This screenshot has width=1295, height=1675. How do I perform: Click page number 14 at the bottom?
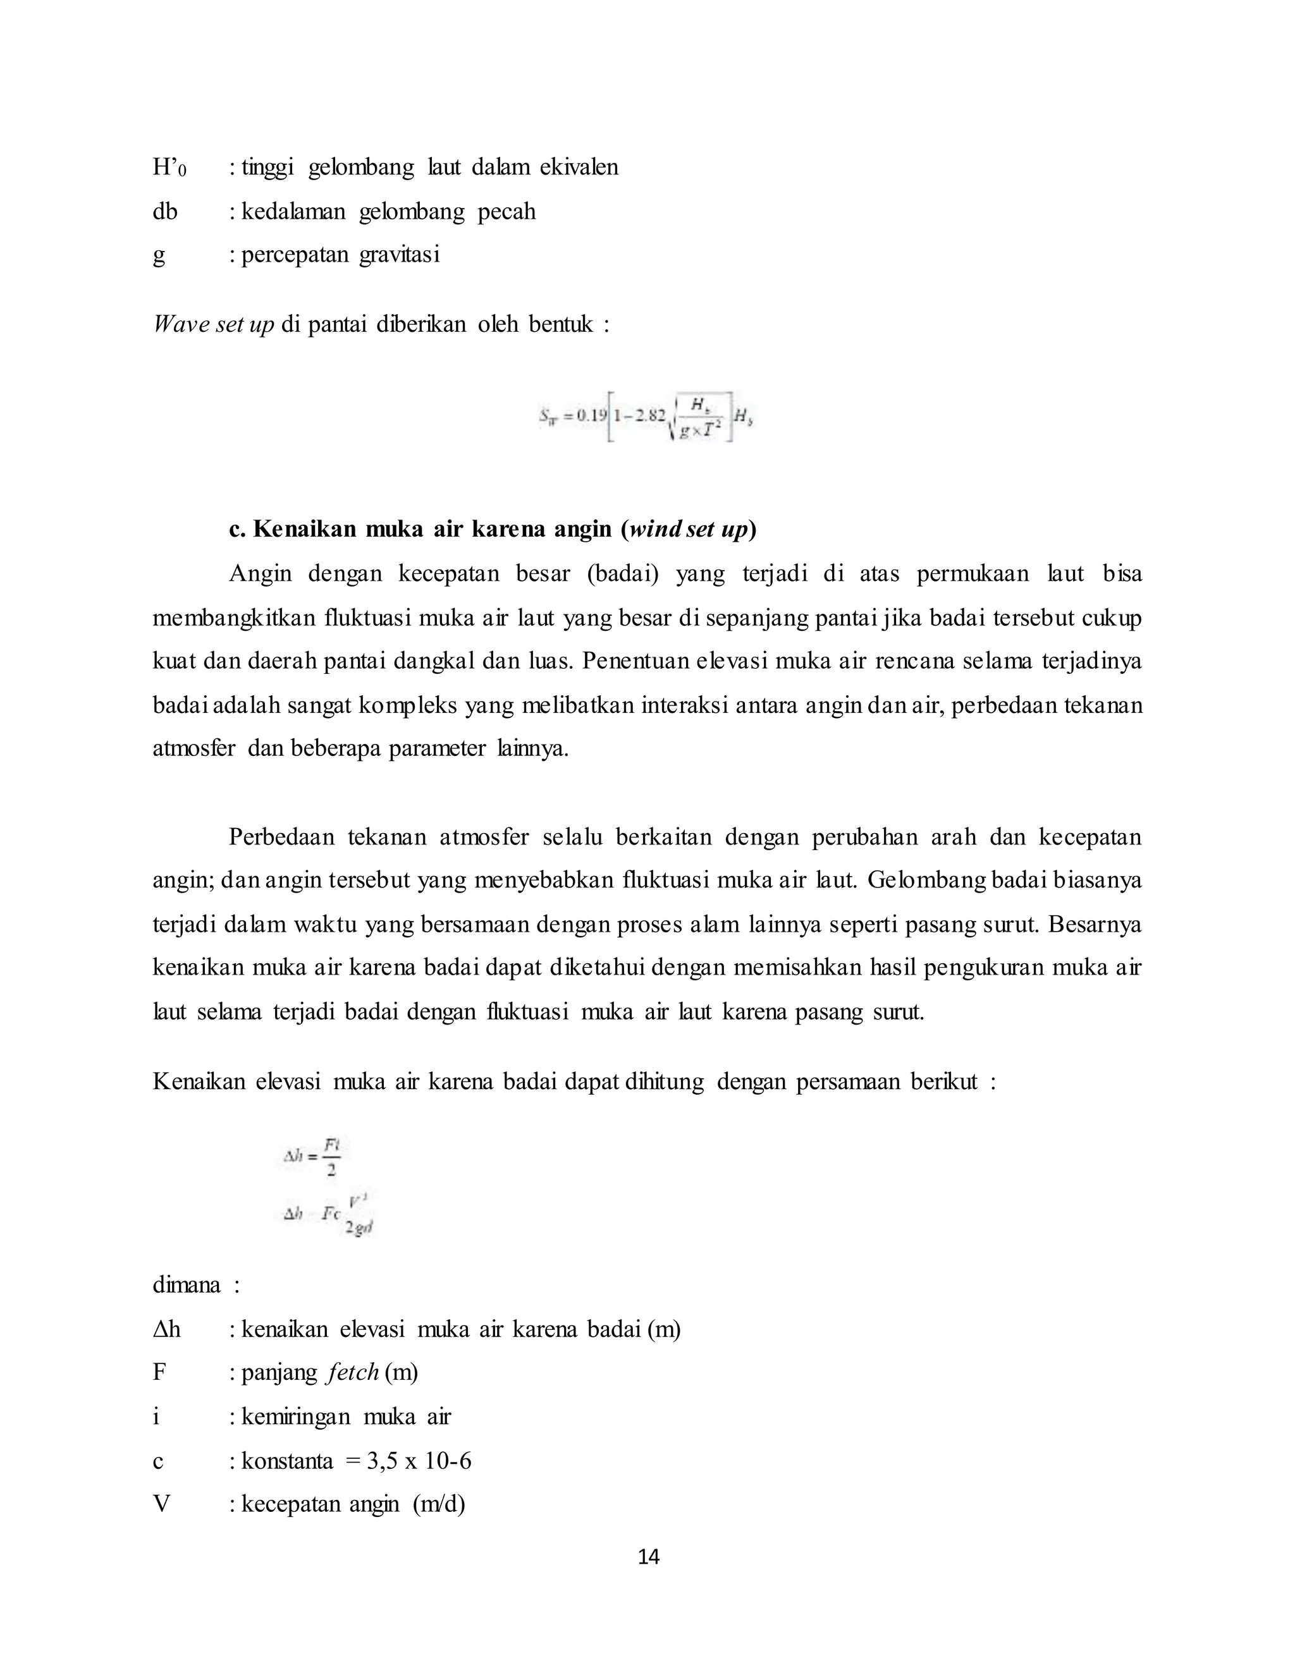(648, 1556)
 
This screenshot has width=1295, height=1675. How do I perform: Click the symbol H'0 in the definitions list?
(168, 168)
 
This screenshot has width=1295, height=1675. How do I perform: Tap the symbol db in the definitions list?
(164, 212)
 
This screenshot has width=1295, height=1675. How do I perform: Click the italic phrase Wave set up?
(213, 324)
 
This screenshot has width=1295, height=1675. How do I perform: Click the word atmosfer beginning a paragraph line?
(193, 748)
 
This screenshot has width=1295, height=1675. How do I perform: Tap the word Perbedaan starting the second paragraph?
(281, 837)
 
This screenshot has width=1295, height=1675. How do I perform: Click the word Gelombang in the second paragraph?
(927, 880)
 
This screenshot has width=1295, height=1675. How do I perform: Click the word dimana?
(187, 1284)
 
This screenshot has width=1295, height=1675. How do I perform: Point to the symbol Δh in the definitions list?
(166, 1329)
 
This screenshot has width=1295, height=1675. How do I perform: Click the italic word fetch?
(352, 1372)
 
